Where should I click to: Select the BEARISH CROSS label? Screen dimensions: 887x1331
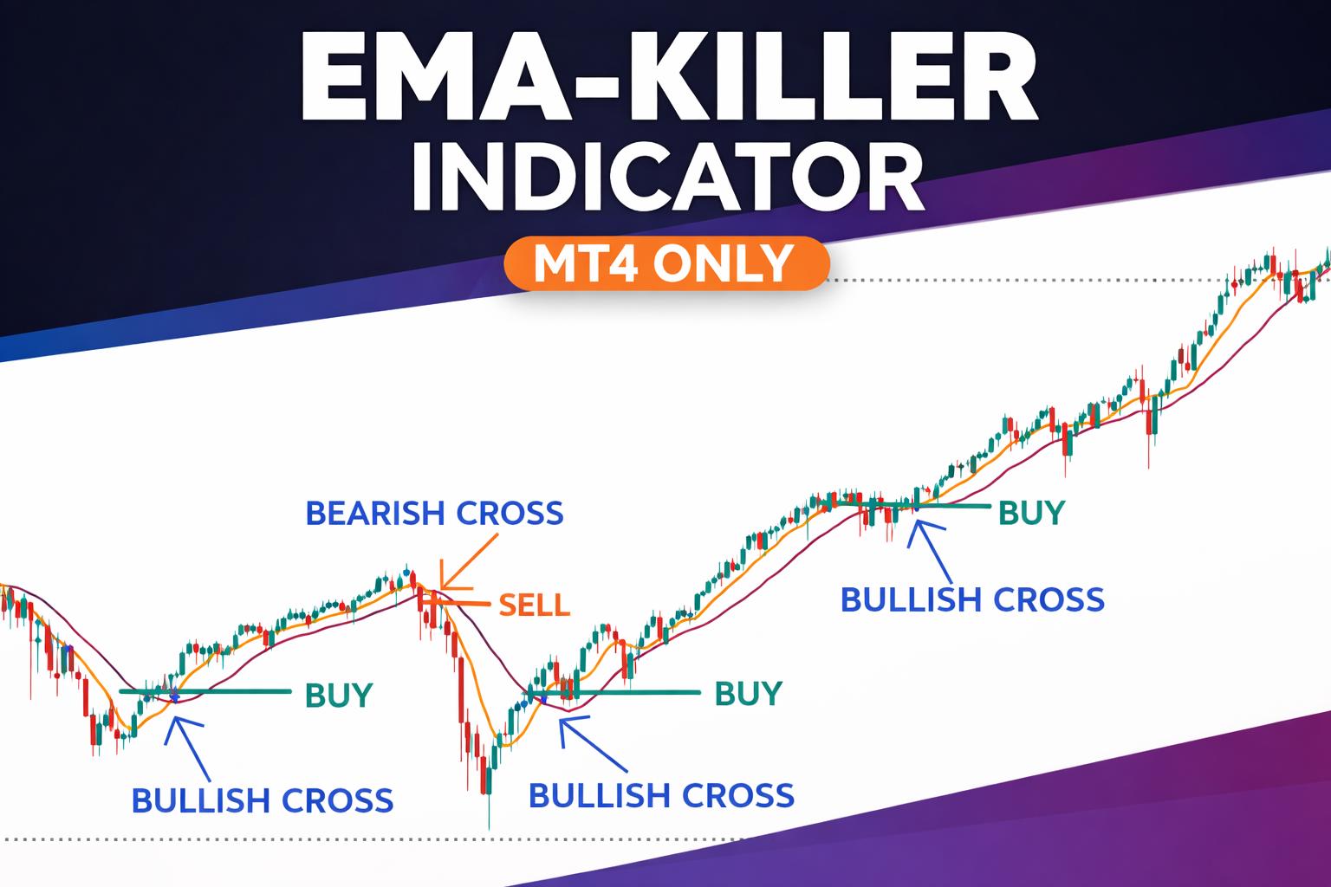[x=434, y=513]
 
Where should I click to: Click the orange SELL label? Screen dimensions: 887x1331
[x=534, y=604]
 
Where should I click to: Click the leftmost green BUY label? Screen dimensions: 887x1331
[x=339, y=695]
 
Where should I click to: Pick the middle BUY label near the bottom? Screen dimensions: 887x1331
[x=748, y=693]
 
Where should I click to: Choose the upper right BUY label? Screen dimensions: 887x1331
[x=1031, y=513]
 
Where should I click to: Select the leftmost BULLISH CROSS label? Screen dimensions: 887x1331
[x=262, y=800]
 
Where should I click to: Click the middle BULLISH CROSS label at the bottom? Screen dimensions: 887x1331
[x=660, y=794]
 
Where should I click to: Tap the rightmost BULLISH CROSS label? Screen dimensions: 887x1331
[x=972, y=599]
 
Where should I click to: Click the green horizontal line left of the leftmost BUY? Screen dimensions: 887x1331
[x=234, y=691]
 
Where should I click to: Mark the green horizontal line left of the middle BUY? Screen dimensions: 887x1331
[x=641, y=693]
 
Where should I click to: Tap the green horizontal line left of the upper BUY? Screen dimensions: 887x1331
[x=953, y=504]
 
